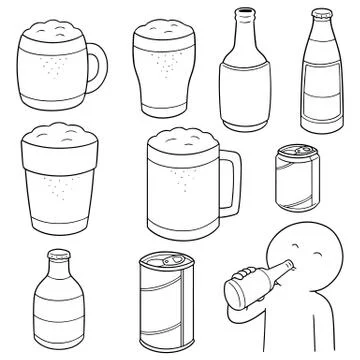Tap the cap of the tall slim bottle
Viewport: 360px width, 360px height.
click(x=320, y=14)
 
